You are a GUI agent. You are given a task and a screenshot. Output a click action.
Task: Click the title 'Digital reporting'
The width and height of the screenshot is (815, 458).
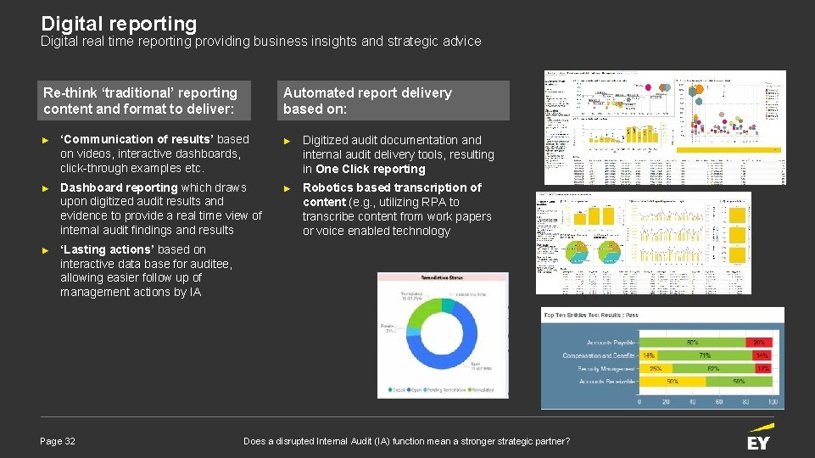[119, 24]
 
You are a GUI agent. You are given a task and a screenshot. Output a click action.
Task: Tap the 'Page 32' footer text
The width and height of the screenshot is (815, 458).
[58, 441]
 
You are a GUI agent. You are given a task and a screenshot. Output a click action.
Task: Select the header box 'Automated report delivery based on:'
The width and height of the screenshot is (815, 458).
[393, 101]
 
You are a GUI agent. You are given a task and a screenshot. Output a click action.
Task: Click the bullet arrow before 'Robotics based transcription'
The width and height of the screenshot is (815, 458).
[287, 188]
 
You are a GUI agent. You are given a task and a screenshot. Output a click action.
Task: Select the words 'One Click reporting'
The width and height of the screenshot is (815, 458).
[371, 169]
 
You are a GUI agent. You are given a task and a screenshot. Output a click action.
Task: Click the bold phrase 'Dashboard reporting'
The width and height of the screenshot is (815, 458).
[119, 187]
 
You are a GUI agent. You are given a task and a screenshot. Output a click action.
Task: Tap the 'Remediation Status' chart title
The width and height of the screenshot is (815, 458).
[443, 277]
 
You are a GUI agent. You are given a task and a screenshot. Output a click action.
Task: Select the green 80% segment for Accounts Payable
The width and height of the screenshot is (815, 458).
[692, 343]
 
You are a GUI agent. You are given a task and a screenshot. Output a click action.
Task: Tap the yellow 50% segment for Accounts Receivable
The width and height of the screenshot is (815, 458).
[740, 382]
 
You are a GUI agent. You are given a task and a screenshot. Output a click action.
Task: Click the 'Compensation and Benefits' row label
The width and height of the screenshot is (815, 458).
[599, 355]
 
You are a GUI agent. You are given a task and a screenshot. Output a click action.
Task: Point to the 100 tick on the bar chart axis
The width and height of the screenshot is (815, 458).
[772, 401]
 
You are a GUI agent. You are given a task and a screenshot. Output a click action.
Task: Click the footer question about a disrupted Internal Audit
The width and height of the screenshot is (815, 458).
[406, 441]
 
